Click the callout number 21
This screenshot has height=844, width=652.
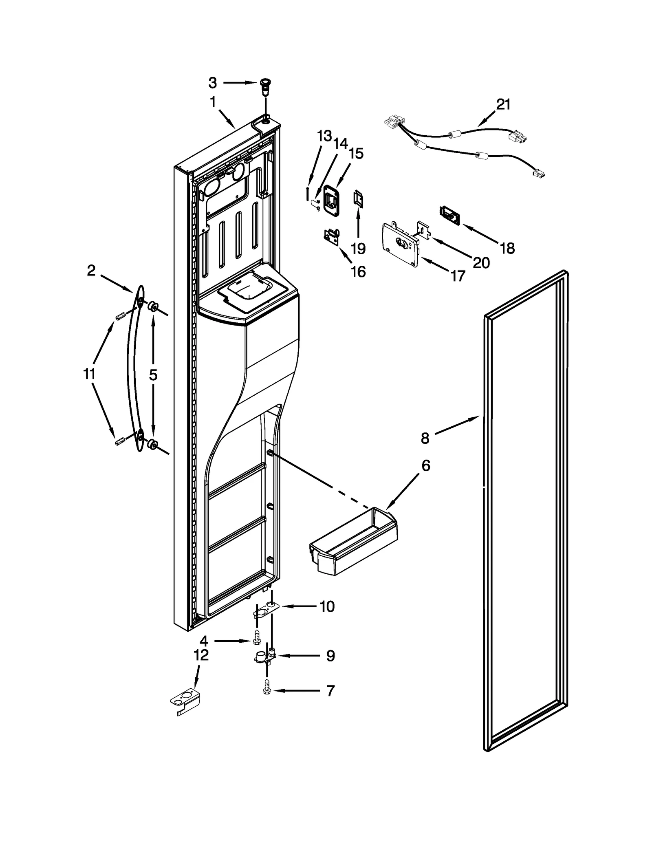point(503,105)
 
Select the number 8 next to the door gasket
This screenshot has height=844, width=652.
point(425,439)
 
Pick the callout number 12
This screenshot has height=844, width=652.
point(201,655)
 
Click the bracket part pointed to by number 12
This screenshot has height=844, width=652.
point(185,700)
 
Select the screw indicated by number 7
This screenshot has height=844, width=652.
point(267,690)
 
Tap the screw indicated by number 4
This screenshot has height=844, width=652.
point(256,641)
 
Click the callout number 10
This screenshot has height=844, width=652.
point(327,606)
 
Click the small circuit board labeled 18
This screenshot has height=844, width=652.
point(449,215)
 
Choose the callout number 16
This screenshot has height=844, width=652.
point(358,272)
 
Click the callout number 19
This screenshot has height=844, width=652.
point(358,248)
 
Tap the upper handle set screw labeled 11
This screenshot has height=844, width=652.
point(119,316)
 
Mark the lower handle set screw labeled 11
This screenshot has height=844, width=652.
point(119,441)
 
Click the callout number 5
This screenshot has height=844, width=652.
point(153,375)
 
